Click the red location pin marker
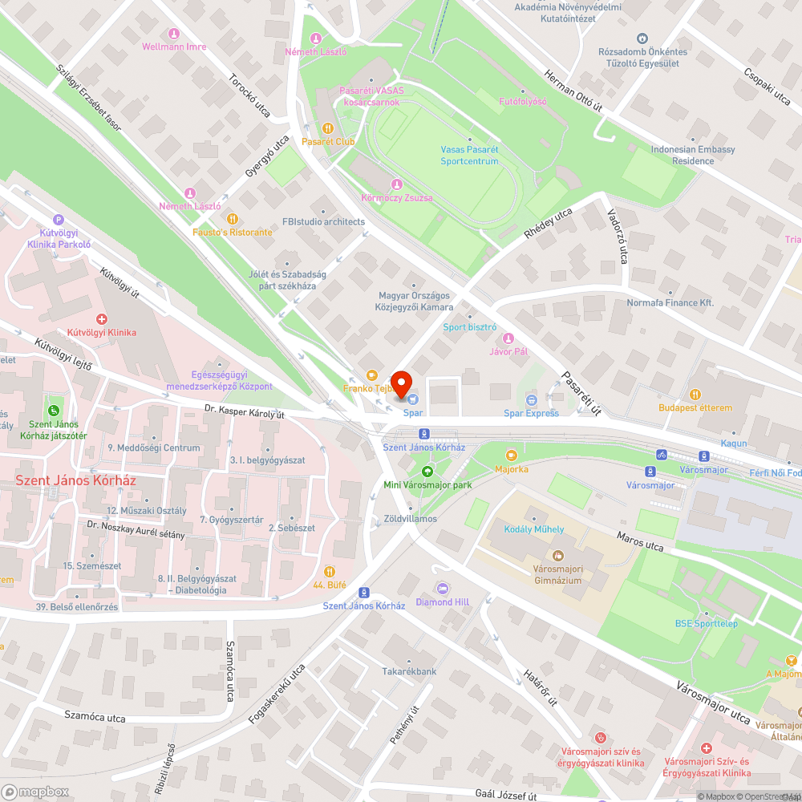click(400, 383)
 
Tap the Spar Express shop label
click(531, 413)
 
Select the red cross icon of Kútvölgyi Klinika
click(101, 318)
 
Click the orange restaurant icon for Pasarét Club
click(327, 128)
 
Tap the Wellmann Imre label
click(174, 47)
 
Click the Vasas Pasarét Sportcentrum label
click(469, 156)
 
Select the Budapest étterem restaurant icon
click(695, 395)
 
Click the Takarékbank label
click(409, 671)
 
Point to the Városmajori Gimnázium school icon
click(557, 555)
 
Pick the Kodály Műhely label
click(533, 529)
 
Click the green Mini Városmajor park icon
click(427, 472)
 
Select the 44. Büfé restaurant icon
click(330, 572)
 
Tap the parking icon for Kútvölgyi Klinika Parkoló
click(58, 219)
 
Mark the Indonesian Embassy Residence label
click(693, 155)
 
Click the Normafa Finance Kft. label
click(670, 303)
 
